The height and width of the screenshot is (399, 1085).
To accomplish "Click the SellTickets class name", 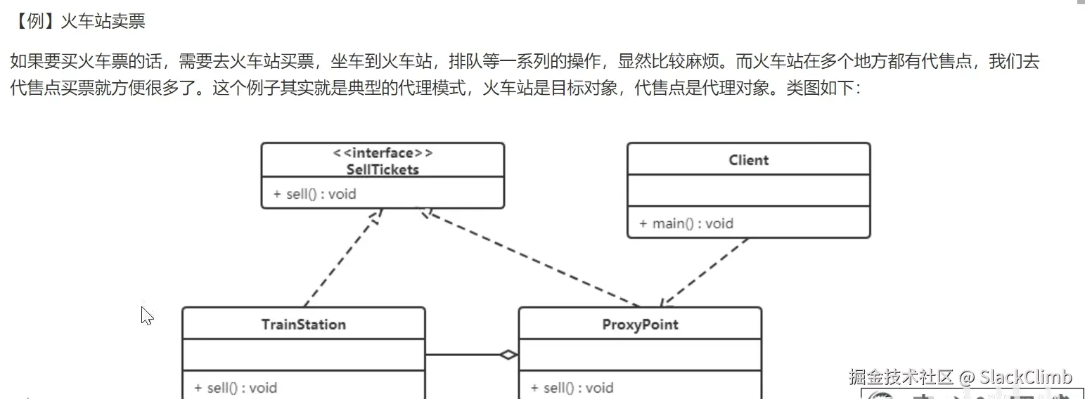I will click(383, 169).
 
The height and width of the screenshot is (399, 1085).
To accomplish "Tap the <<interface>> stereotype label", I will click(383, 153).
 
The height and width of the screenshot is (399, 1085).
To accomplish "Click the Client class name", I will click(748, 160).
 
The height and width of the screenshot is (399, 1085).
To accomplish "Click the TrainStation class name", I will click(303, 325).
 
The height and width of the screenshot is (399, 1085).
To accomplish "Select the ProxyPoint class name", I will click(640, 325).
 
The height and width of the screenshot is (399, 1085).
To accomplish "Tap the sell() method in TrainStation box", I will click(236, 387).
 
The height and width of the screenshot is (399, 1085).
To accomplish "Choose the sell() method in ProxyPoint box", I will click(572, 387).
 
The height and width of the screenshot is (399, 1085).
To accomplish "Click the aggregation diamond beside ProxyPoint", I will click(508, 355).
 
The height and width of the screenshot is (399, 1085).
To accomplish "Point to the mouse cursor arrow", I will click(146, 315).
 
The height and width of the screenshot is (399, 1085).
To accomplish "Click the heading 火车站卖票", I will click(103, 22).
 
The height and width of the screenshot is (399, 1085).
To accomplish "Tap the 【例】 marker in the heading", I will click(35, 22).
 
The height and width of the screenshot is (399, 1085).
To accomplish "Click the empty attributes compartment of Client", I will click(748, 191).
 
